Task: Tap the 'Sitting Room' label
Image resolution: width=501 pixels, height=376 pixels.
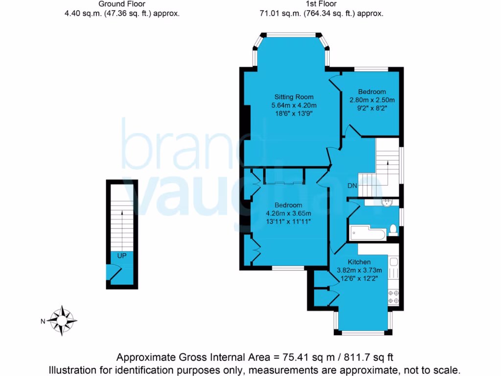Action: (294, 96)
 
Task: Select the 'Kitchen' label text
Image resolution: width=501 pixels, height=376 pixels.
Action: (359, 262)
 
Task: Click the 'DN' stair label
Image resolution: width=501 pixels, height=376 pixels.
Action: (352, 186)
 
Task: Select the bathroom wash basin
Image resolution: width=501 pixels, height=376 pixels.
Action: (387, 202)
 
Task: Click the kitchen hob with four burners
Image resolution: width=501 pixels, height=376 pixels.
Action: (393, 296)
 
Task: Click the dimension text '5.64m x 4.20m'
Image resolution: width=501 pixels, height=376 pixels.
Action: (294, 105)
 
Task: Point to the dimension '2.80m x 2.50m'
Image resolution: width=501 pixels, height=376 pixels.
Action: (372, 100)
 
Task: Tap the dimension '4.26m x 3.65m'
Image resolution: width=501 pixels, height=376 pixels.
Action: (288, 213)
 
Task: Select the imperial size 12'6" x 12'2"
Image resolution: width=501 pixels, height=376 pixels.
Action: (359, 280)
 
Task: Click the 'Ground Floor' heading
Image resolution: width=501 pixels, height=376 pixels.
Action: (122, 4)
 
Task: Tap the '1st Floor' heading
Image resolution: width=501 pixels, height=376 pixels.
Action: (321, 4)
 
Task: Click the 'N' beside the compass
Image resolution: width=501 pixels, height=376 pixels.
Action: (43, 321)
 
